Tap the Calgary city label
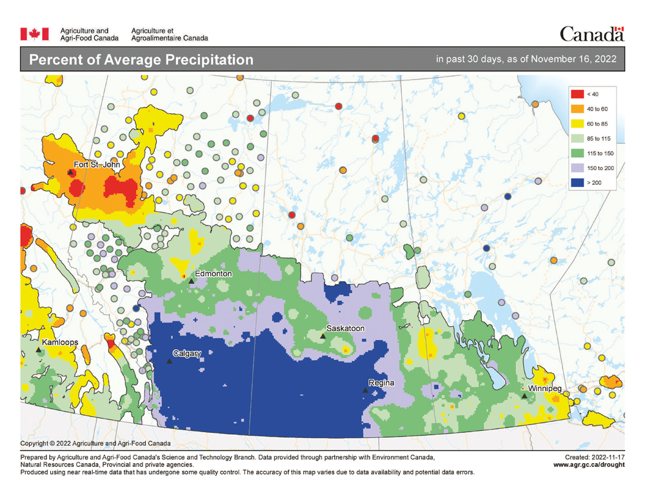[187, 354]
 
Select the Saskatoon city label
[346, 328]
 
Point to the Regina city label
[381, 383]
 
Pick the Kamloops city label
[60, 341]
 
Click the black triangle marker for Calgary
[169, 361]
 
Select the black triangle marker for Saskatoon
[323, 336]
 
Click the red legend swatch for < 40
[577, 93]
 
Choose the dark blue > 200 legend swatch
[577, 183]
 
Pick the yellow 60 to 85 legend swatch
[577, 124]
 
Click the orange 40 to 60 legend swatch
[577, 109]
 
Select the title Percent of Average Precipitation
[141, 60]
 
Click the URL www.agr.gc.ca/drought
[589, 464]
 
